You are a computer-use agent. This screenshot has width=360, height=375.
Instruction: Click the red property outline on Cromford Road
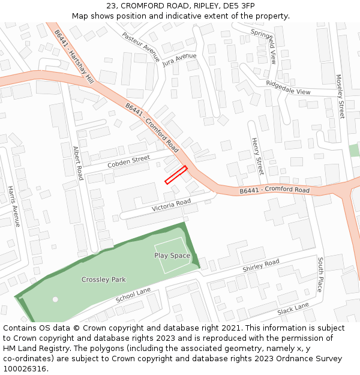(x=176, y=175)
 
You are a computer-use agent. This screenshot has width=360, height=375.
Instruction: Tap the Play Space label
(x=172, y=256)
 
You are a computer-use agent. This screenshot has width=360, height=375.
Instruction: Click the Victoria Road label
(x=171, y=205)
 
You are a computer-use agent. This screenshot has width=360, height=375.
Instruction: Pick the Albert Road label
(x=77, y=163)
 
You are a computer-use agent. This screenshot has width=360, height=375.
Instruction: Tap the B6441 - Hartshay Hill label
(x=74, y=56)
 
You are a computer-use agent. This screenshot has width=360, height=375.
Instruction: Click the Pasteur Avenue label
(x=141, y=47)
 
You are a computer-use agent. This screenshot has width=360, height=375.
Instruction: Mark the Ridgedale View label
(x=288, y=88)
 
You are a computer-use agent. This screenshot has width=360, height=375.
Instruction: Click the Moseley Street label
(x=340, y=96)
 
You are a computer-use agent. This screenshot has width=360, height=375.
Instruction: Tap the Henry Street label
(x=257, y=155)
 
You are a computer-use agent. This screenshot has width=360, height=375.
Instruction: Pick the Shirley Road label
(x=261, y=266)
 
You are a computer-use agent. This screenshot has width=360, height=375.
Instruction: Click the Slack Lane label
(x=293, y=310)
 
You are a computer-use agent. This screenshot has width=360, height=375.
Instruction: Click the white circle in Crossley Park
(x=55, y=299)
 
